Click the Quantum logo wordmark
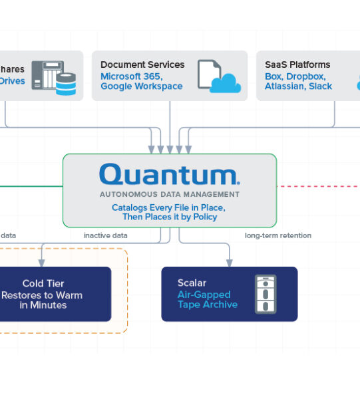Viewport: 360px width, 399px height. pos(170,174)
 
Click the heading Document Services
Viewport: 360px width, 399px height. pos(142,65)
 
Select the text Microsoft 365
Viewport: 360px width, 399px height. pos(132,76)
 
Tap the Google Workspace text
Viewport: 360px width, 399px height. pos(142,86)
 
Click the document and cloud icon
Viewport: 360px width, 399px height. pos(219,76)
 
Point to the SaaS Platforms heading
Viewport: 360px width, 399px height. pos(297,65)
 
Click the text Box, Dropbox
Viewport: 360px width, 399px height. pos(295,76)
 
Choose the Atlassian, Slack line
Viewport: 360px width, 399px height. pos(298,86)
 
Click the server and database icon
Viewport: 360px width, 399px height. pos(54,78)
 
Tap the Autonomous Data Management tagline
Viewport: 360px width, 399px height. pos(170,194)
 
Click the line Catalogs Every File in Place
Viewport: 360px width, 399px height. pos(168,207)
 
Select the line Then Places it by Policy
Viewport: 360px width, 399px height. pos(170,217)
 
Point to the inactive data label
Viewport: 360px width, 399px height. pos(105,235)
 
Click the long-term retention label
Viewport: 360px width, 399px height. pos(278,235)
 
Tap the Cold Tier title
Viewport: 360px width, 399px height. pos(43,283)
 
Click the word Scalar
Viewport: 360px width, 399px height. pos(192,283)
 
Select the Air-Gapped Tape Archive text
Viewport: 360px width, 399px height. pos(208,299)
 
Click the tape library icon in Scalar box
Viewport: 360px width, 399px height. pos(266,294)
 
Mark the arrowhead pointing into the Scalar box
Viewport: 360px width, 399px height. pos(230,263)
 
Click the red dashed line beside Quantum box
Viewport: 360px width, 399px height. pos(319,186)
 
